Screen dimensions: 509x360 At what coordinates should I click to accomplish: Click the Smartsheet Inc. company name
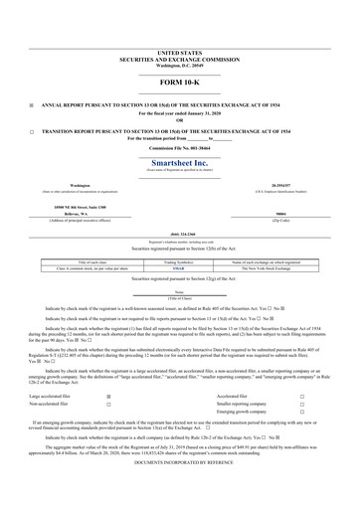[179, 162]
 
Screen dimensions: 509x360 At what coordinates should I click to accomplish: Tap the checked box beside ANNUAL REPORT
[32, 103]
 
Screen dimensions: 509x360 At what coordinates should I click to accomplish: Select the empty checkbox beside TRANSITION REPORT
[32, 131]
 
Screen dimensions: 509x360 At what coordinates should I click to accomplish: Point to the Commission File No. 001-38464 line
[179, 147]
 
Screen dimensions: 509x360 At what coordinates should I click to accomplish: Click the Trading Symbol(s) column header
[179, 261]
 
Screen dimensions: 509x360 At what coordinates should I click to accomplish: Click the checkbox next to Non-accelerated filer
[108, 406]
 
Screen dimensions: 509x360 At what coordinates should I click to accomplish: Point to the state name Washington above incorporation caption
[60, 184]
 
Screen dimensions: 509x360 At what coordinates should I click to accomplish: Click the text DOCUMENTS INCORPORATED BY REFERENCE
[179, 491]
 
